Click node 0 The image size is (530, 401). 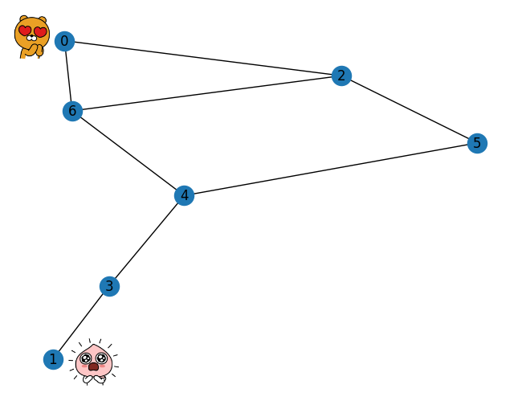pos(64,41)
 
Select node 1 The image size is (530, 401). pos(53,359)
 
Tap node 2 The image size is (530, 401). pos(341,76)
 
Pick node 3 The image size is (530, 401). pos(109,286)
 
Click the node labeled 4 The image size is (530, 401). pos(184,195)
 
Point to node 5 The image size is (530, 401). pos(477,143)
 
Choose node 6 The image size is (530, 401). pos(72,111)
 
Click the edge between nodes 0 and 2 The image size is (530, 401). pos(202,59)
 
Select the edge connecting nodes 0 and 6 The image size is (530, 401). pos(68,76)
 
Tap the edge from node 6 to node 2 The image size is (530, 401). pos(206,93)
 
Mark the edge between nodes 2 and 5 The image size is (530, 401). pos(409,109)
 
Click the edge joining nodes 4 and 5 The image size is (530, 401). pos(330,169)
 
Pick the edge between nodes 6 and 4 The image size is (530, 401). pos(128,153)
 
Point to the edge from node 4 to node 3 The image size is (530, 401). pos(147,240)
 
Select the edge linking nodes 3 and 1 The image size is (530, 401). pos(81,323)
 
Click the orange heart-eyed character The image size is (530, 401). pos(31,36)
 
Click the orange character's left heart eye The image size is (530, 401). pos(25,31)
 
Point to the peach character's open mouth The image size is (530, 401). pos(93,366)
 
